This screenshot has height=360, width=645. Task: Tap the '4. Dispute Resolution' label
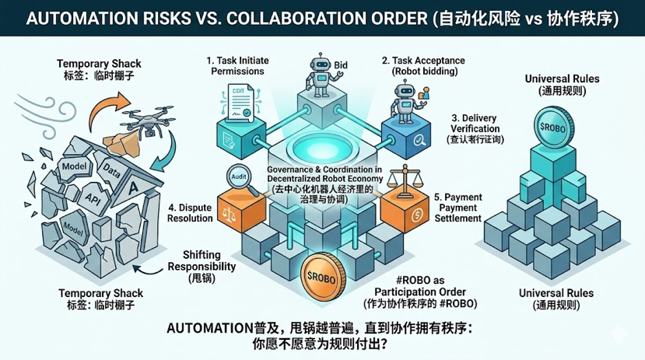coord(190,212)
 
